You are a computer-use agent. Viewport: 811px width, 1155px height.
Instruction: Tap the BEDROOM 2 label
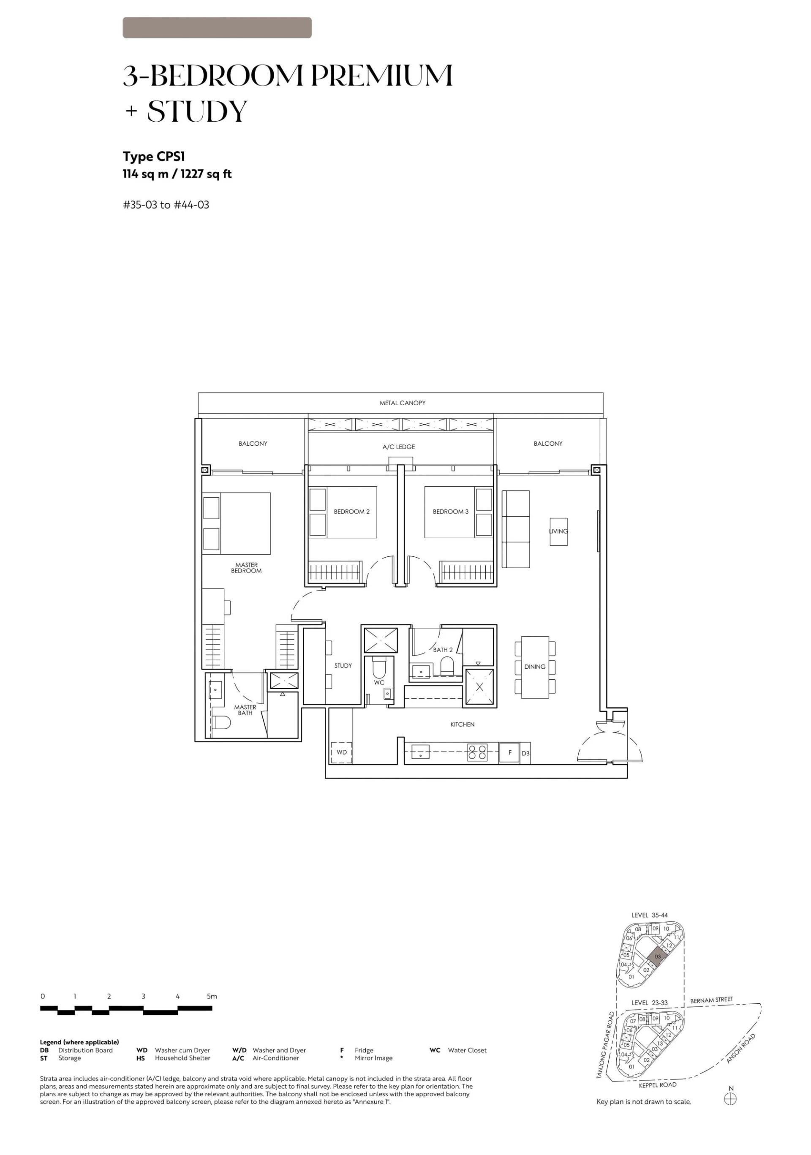[x=352, y=512]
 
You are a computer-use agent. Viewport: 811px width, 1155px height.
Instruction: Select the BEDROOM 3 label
[x=450, y=512]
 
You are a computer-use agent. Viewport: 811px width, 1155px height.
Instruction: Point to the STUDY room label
[x=343, y=665]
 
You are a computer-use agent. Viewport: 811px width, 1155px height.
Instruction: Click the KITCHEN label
[x=463, y=725]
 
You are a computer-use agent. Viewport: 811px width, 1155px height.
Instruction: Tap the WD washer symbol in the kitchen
[x=342, y=752]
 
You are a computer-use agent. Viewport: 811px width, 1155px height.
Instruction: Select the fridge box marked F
[x=509, y=752]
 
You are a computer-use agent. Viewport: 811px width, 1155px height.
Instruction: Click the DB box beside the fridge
[x=525, y=753]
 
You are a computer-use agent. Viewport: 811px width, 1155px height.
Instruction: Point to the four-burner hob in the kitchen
[x=477, y=752]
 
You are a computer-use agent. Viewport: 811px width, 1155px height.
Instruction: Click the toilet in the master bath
[x=221, y=722]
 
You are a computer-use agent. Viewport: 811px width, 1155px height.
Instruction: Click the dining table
[x=535, y=667]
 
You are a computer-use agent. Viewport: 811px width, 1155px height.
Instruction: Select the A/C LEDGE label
[x=398, y=447]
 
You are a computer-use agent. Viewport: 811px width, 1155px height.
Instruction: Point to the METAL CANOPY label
[x=403, y=403]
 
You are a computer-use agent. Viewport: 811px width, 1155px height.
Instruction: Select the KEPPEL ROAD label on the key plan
[x=658, y=1085]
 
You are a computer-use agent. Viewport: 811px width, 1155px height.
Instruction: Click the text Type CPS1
[x=154, y=157]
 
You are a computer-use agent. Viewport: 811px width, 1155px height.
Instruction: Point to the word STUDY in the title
[x=197, y=111]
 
